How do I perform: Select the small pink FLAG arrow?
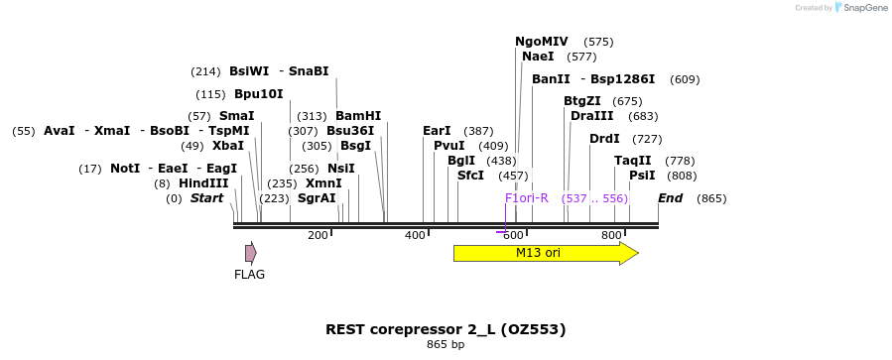pyautogui.click(x=250, y=253)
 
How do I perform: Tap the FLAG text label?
pyautogui.click(x=249, y=275)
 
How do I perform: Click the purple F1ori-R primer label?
pyautogui.click(x=526, y=198)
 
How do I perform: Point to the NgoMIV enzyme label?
pyautogui.click(x=541, y=42)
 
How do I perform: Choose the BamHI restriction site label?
pyautogui.click(x=358, y=116)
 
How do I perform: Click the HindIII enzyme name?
pyautogui.click(x=203, y=183)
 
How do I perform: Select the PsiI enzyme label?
pyautogui.click(x=642, y=176)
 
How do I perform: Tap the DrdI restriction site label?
pyautogui.click(x=604, y=139)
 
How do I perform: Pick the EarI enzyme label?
pyautogui.click(x=437, y=131)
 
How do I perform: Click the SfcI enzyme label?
pyautogui.click(x=470, y=176)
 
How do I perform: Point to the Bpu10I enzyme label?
pyautogui.click(x=258, y=94)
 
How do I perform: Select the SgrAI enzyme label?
pyautogui.click(x=317, y=198)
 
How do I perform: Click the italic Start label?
pyautogui.click(x=206, y=198)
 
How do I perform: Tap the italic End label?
pyautogui.click(x=670, y=198)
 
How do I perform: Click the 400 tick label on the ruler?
pyautogui.click(x=415, y=235)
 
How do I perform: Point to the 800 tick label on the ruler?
pyautogui.click(x=611, y=235)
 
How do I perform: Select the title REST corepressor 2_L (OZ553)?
pyautogui.click(x=446, y=329)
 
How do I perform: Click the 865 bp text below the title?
pyautogui.click(x=446, y=345)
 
